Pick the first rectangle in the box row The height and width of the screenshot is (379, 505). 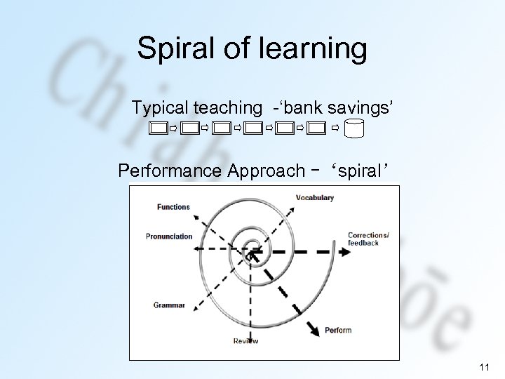click(159, 129)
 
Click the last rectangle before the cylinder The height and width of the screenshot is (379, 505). click(316, 129)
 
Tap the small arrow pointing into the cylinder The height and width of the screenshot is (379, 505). click(335, 129)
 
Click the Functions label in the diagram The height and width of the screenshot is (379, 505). click(173, 207)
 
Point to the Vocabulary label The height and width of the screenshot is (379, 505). click(315, 198)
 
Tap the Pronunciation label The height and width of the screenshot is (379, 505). click(169, 237)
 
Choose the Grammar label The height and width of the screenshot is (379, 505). click(169, 305)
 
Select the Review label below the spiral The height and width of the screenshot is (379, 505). click(246, 341)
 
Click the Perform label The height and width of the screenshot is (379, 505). click(339, 330)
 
